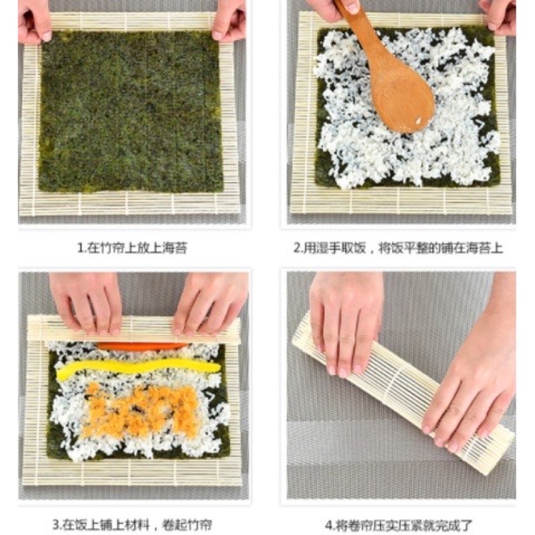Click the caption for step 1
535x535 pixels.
pos(132,248)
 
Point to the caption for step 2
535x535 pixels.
pos(398,248)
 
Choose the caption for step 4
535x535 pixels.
pos(398,525)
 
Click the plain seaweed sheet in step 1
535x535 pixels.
pos(130,110)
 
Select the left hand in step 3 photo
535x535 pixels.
pos(87,301)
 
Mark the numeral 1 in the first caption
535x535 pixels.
pos(80,249)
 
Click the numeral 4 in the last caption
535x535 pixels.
pos(328,525)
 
